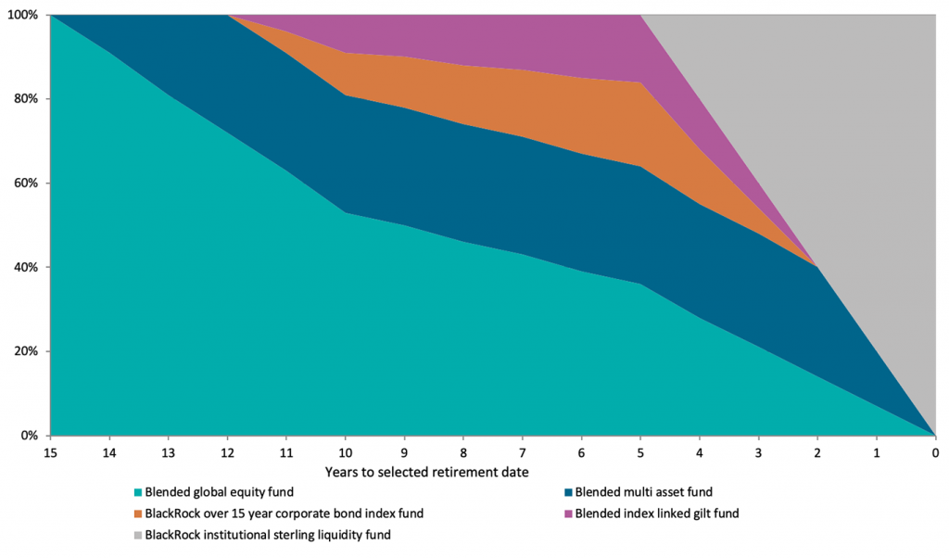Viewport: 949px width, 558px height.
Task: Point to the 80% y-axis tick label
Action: tap(24, 99)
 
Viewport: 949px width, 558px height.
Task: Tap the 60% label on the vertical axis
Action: tap(24, 184)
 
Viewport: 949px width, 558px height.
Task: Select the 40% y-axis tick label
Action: tap(24, 268)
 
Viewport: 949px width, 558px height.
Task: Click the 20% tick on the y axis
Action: tap(24, 351)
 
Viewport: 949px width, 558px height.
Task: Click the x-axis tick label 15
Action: tap(50, 453)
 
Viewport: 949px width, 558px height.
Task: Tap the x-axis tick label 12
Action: tap(227, 453)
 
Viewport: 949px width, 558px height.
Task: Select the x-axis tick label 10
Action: tap(346, 453)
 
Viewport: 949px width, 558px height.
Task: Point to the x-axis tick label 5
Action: tap(640, 453)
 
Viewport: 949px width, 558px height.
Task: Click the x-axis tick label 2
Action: tap(817, 453)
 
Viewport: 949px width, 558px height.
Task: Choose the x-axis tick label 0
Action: tap(935, 453)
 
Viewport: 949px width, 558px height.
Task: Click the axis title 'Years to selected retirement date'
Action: tap(426, 472)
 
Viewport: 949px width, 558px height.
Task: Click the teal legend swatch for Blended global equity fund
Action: tap(138, 493)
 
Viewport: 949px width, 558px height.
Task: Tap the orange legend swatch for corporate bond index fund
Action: tap(138, 514)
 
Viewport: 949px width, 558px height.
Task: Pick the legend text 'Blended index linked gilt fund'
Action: tap(657, 514)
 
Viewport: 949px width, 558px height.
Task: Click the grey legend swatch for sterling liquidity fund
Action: tap(138, 535)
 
